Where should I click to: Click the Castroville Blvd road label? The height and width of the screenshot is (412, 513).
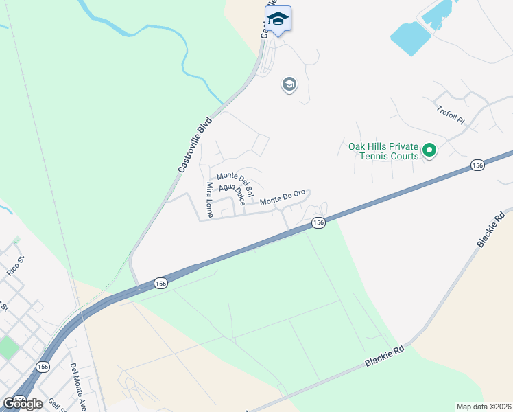pyautogui.click(x=195, y=144)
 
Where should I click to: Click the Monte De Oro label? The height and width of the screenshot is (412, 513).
pyautogui.click(x=282, y=197)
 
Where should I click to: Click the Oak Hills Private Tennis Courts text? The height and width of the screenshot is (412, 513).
pyautogui.click(x=383, y=151)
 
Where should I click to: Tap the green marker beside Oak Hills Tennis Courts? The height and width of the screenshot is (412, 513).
pyautogui.click(x=429, y=150)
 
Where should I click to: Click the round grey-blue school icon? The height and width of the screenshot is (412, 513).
pyautogui.click(x=289, y=85)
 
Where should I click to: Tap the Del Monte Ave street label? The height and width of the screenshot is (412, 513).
pyautogui.click(x=77, y=387)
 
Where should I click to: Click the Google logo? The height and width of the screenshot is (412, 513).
pyautogui.click(x=23, y=403)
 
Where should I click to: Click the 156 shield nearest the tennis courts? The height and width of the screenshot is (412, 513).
pyautogui.click(x=478, y=165)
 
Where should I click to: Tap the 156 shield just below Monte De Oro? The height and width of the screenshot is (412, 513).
pyautogui.click(x=318, y=222)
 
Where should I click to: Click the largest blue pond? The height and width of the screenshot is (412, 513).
pyautogui.click(x=411, y=38)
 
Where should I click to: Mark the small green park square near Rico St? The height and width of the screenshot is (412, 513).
pyautogui.click(x=8, y=346)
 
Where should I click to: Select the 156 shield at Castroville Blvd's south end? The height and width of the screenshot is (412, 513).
pyautogui.click(x=160, y=283)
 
